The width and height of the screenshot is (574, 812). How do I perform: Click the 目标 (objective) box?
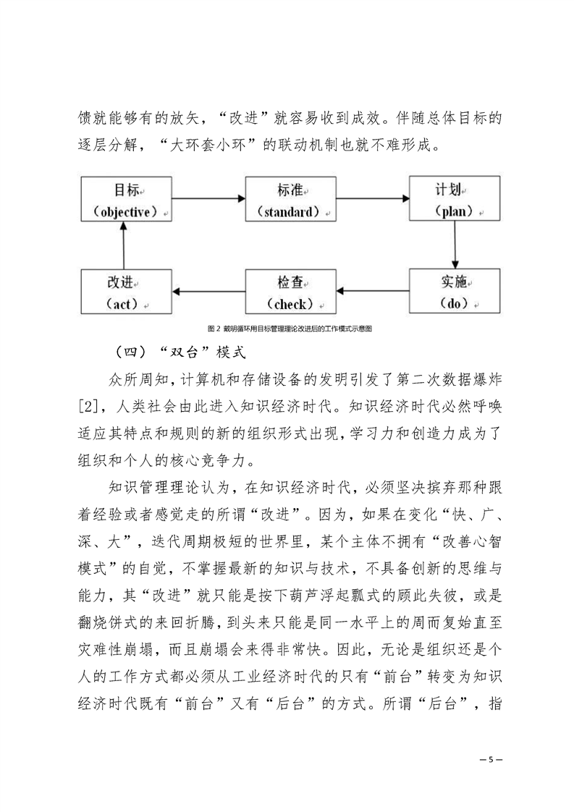tap(127, 199)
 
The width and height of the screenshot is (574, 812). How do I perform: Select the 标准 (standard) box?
tap(291, 199)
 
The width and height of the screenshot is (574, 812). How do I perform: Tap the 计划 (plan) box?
tap(455, 198)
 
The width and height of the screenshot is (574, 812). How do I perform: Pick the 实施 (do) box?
tap(455, 291)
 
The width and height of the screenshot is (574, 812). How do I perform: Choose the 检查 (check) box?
tap(291, 292)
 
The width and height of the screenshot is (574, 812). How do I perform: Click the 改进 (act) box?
tap(127, 292)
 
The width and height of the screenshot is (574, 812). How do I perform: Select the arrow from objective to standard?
tap(208, 198)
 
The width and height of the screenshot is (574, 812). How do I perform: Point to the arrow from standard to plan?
tap(373, 198)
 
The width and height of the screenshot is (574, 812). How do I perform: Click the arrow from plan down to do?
tap(455, 245)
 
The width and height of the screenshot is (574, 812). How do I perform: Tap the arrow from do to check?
tap(373, 291)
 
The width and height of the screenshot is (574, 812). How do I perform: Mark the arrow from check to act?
tap(208, 291)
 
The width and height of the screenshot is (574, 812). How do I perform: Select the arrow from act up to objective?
tap(124, 245)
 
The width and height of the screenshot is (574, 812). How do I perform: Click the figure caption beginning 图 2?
tap(290, 329)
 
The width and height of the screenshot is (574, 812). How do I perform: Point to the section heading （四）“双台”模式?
tap(180, 352)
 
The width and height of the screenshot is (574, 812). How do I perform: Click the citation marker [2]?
tap(88, 407)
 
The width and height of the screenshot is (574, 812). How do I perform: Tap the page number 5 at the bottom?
tap(491, 760)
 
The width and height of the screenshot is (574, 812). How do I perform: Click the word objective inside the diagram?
tap(125, 212)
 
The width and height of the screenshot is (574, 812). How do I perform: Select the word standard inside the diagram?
tap(289, 212)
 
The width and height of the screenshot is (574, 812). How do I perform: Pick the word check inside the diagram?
tap(290, 304)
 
